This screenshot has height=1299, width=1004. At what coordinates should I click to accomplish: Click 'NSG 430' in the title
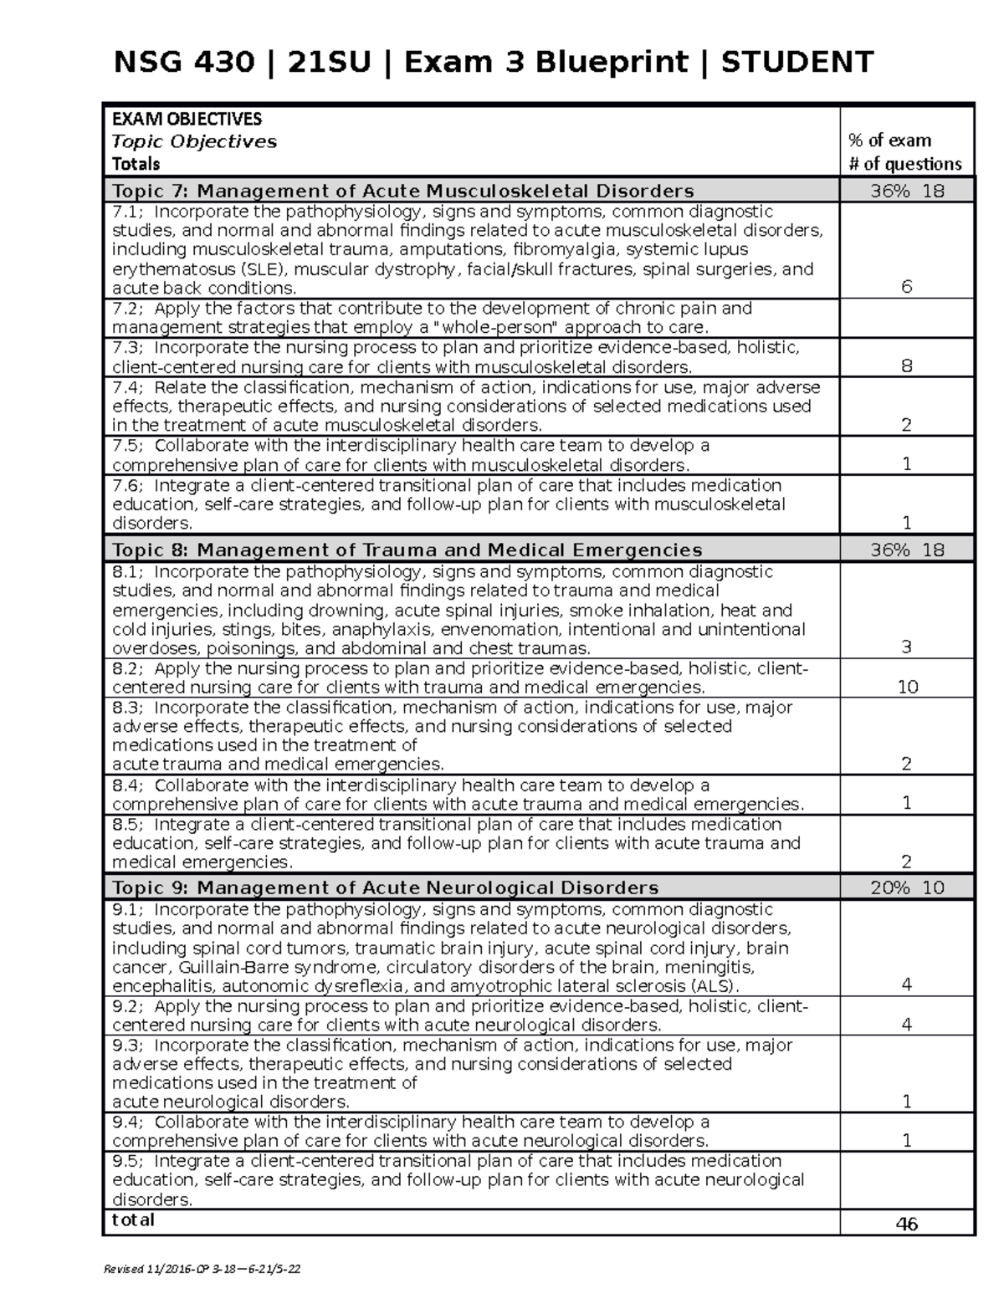point(183,62)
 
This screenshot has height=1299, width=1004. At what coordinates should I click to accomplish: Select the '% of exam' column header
point(889,141)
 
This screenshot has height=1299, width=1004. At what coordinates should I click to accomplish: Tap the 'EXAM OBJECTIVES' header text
point(187,119)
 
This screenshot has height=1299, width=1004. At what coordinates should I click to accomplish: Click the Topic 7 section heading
point(402,191)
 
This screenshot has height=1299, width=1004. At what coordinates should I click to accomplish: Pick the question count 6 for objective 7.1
point(906,287)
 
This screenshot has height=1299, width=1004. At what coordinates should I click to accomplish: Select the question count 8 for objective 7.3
point(906,366)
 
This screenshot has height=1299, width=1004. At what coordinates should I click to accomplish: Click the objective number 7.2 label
point(127,309)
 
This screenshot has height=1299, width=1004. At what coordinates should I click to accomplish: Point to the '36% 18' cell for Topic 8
point(907,550)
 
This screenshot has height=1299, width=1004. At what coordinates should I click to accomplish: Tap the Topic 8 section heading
point(407,550)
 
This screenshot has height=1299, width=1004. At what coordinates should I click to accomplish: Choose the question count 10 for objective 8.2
point(907,687)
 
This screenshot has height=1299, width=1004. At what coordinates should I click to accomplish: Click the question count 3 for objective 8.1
point(906,647)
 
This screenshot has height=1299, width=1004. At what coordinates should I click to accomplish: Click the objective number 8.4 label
point(127,785)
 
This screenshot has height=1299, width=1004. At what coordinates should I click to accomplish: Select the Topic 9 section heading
point(385,887)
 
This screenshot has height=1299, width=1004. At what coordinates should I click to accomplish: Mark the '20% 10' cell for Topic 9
point(907,887)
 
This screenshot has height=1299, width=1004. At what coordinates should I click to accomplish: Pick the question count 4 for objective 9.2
point(906,1025)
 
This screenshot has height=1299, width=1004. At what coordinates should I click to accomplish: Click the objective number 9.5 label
point(127,1161)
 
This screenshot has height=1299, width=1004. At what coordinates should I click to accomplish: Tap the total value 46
point(906,1224)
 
